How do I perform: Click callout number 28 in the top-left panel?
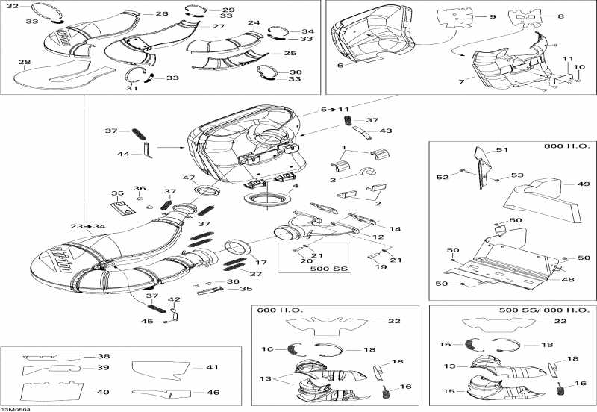(25, 63)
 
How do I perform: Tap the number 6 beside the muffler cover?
(340, 65)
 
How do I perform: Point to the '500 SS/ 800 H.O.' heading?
(545, 310)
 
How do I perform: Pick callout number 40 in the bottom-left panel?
(102, 392)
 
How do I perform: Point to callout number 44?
(123, 154)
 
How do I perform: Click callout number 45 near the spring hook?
(147, 322)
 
